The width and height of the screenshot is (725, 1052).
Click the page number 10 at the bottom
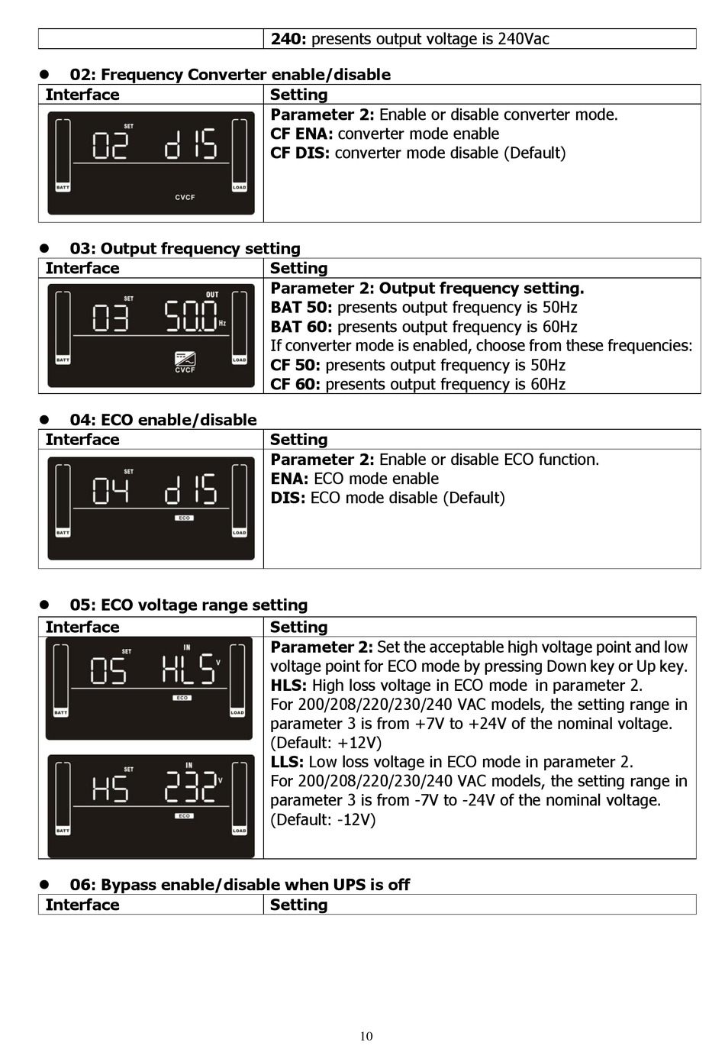pos(366,1036)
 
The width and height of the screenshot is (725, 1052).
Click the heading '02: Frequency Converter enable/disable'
pos(230,75)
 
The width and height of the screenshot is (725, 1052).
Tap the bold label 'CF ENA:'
pos(301,134)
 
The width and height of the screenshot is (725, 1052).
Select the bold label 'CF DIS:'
pos(300,153)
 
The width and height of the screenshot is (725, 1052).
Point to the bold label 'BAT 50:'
pos(301,308)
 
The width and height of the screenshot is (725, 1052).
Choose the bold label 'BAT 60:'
pos(301,327)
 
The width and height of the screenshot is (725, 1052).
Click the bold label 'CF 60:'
pos(295,384)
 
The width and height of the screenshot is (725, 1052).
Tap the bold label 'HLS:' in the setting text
pos(288,686)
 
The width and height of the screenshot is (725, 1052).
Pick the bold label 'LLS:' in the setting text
pos(287,762)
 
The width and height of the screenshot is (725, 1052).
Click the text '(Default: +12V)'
pos(326,743)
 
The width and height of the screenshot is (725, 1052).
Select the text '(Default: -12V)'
pos(323,820)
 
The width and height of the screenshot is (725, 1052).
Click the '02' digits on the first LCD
pos(110,144)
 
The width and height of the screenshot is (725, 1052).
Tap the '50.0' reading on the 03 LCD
pos(191,316)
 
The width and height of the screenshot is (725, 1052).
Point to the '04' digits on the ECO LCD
pos(110,490)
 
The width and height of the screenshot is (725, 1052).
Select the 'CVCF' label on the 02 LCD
pos(185,197)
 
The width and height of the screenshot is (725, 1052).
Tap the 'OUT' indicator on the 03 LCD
pos(212,295)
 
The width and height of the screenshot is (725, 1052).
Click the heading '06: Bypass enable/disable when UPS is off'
pos(240,885)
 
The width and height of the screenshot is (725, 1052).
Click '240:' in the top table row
pos(288,39)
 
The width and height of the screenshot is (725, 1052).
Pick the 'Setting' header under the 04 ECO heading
pos(298,440)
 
